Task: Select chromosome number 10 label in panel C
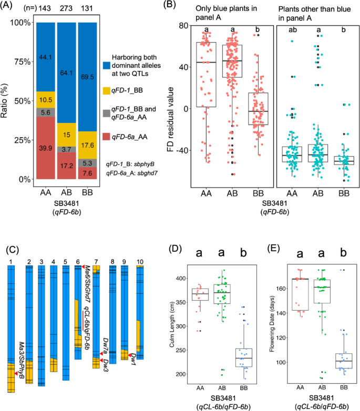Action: [x=140, y=261]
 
